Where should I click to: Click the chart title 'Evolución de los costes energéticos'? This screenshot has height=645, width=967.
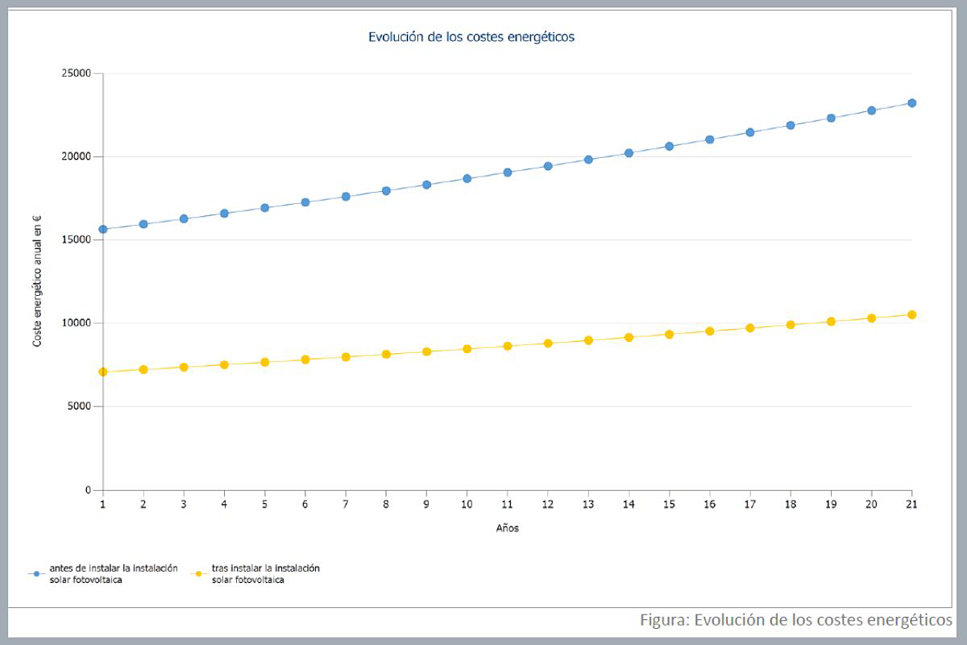(x=471, y=36)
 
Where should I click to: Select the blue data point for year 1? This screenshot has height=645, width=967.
(x=103, y=229)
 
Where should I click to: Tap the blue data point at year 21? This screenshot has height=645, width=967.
(x=911, y=103)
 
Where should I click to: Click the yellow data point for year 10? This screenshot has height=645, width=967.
(x=467, y=349)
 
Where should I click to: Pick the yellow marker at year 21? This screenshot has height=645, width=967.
(x=911, y=314)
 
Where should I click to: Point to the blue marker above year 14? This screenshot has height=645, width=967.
(x=629, y=152)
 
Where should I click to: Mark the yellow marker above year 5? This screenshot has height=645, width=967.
(x=264, y=362)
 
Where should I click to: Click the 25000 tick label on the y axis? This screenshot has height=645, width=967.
(x=77, y=73)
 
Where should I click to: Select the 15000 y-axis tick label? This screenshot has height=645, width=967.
(x=77, y=240)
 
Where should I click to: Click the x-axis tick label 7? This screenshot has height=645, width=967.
(x=346, y=505)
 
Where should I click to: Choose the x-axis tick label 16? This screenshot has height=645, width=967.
(x=709, y=505)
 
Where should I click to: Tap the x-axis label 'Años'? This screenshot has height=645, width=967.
(x=507, y=529)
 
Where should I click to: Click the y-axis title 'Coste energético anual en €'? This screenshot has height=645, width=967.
(x=37, y=281)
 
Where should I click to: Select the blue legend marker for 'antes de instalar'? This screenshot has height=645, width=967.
(x=35, y=573)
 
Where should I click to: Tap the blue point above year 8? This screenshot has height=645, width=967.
(x=386, y=191)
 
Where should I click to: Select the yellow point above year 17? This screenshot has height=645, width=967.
(x=749, y=327)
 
